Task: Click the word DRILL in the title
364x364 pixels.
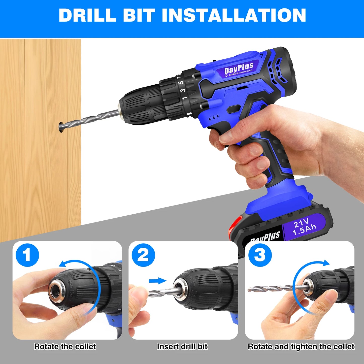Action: (x=87, y=16)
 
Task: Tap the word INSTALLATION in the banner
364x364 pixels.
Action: (x=234, y=16)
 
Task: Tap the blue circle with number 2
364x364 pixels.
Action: (x=143, y=255)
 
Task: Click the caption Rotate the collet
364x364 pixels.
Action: (x=65, y=347)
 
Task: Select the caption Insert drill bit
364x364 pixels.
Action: (x=182, y=347)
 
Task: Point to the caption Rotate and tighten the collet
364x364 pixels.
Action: (x=301, y=347)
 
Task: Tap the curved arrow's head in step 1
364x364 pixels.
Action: (x=62, y=264)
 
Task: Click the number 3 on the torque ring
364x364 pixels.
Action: (x=183, y=90)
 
